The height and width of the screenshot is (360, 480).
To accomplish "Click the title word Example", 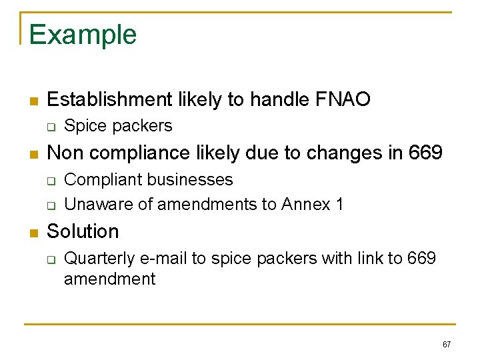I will (83, 35).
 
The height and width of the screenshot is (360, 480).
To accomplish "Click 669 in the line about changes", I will (424, 153).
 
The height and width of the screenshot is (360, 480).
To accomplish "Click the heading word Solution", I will (83, 231).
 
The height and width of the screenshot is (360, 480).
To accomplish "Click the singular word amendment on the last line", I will (109, 279).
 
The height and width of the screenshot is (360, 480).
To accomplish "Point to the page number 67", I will (447, 345).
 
